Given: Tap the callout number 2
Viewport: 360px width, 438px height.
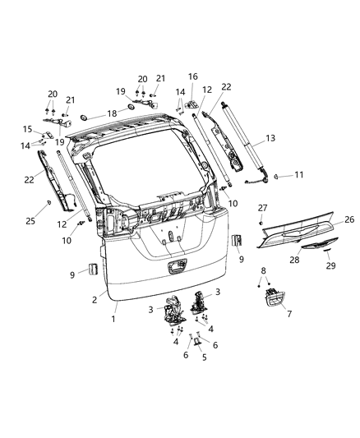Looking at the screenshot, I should pos(95,300).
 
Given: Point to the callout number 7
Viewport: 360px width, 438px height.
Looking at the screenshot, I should pos(287,313).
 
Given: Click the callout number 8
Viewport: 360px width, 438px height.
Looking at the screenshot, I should pos(262,270).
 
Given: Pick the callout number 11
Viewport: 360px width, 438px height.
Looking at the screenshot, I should pos(299,175).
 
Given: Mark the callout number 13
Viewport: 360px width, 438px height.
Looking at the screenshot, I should pos(271,139).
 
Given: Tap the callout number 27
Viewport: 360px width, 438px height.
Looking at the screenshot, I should pos(262,208).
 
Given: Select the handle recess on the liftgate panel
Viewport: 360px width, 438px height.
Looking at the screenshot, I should pos(177,267).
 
